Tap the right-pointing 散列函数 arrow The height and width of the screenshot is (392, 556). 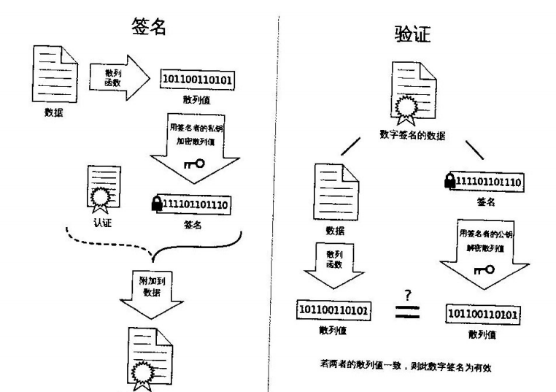tap(116, 76)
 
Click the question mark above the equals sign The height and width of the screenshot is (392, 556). tap(409, 293)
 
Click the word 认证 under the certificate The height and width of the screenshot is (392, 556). tap(103, 223)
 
